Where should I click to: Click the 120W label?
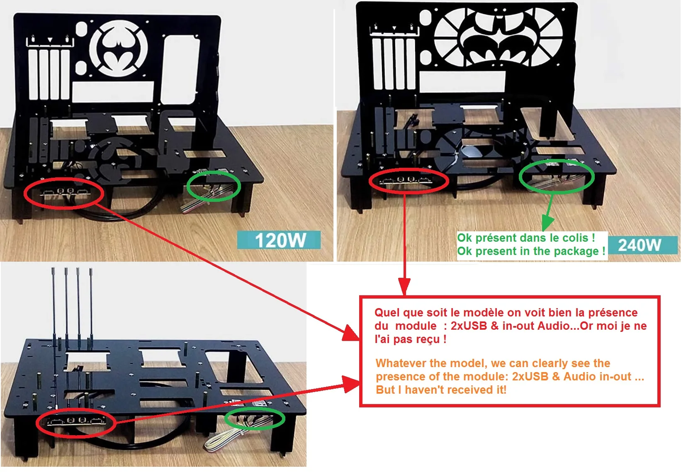pos(280,240)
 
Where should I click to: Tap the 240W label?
pos(640,245)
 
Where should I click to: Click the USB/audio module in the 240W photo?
pos(406,181)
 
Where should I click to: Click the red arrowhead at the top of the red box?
pos(405,288)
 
